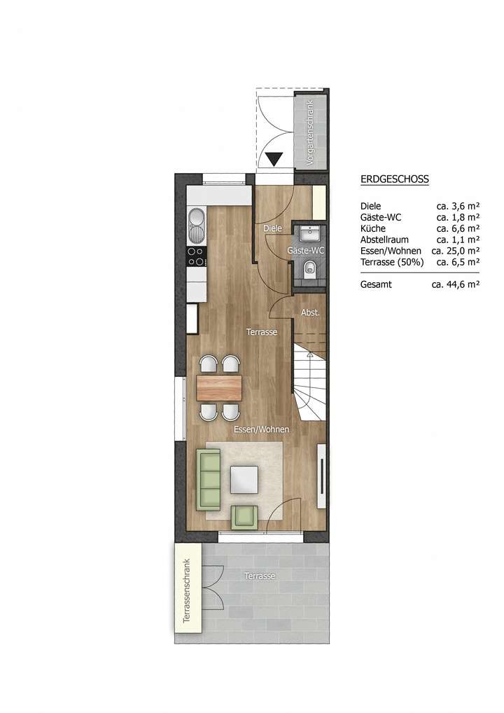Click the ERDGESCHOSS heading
[394, 179]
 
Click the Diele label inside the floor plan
[272, 228]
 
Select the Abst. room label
[309, 312]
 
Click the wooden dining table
[219, 386]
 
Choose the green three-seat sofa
[209, 480]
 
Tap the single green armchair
[244, 515]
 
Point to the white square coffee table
[244, 480]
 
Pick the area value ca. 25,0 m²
[455, 250]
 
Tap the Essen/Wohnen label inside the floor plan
[261, 429]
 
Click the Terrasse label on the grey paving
[260, 575]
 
